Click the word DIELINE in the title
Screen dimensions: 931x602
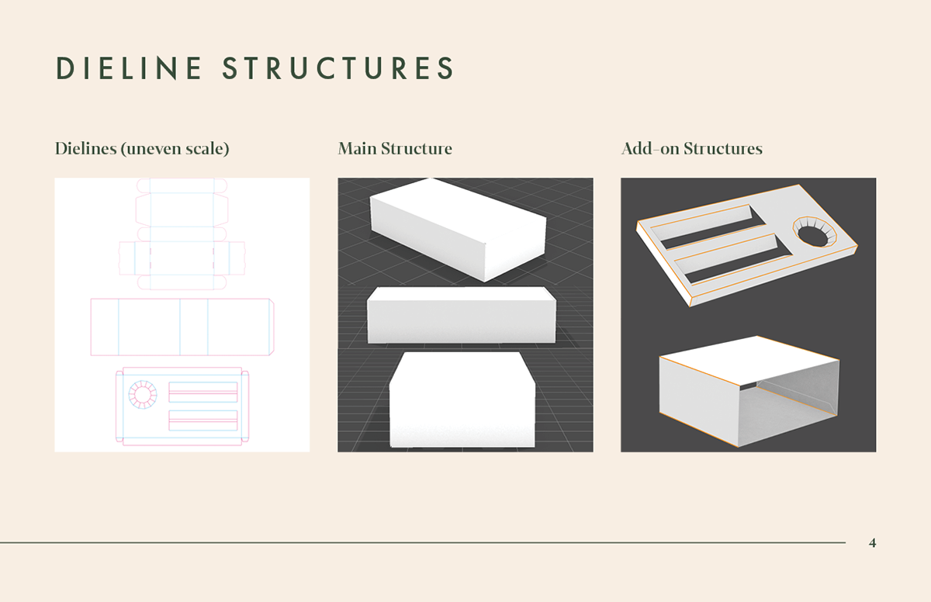pyautogui.click(x=129, y=68)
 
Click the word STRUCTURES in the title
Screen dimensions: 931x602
pyautogui.click(x=338, y=68)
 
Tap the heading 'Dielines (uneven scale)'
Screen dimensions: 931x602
pyautogui.click(x=142, y=148)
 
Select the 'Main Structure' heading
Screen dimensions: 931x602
pyautogui.click(x=395, y=148)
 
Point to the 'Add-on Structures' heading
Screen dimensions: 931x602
pyautogui.click(x=692, y=148)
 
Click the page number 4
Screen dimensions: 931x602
pyautogui.click(x=873, y=543)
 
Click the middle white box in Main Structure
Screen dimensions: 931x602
pyautogui.click(x=462, y=316)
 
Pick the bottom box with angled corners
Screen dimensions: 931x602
pyautogui.click(x=462, y=400)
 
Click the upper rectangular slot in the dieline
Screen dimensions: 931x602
pyautogui.click(x=203, y=392)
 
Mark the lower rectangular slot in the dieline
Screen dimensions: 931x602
pyautogui.click(x=203, y=420)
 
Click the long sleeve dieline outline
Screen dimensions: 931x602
pyautogui.click(x=182, y=327)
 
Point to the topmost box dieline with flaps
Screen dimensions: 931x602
pyautogui.click(x=182, y=233)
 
